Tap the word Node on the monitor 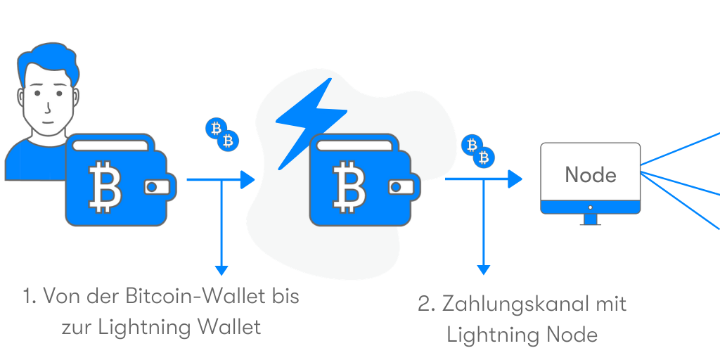[x=591, y=175]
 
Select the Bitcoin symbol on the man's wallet [x=105, y=185]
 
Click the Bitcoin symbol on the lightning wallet [x=349, y=185]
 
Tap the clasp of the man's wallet [x=157, y=187]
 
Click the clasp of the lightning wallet [x=401, y=187]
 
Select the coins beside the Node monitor [x=477, y=150]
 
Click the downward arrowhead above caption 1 [x=221, y=271]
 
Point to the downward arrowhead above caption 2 [x=483, y=270]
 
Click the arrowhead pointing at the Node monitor [x=515, y=179]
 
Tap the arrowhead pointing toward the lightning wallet [x=247, y=179]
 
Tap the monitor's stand [x=590, y=219]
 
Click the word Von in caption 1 [x=60, y=296]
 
